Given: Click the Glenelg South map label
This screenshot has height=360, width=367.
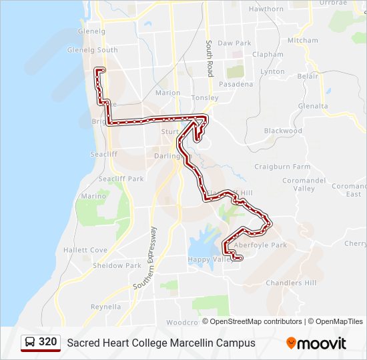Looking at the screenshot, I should (x=92, y=50).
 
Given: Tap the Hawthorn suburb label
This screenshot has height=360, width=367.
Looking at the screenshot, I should (x=266, y=9).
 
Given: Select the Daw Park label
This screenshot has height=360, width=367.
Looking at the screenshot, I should (x=234, y=43).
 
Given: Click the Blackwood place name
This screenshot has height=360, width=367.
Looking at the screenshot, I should (x=283, y=131).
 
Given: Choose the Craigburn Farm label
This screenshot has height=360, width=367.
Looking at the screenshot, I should (x=282, y=166).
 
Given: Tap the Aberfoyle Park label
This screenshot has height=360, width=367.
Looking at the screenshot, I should (x=270, y=245).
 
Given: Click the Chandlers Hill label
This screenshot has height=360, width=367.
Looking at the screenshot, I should (x=291, y=283).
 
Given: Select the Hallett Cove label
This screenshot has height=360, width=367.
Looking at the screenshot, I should (x=85, y=250).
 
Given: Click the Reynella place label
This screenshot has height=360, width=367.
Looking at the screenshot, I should (x=106, y=307).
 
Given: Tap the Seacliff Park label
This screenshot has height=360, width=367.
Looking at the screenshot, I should (x=121, y=179).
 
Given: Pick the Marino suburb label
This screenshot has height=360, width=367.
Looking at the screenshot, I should (x=93, y=196).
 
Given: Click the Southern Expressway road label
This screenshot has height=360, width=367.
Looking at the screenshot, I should (x=145, y=257).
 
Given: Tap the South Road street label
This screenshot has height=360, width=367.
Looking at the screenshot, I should (x=209, y=59).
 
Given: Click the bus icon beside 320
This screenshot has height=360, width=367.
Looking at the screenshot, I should (x=30, y=343).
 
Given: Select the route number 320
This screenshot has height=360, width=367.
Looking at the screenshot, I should (x=47, y=342).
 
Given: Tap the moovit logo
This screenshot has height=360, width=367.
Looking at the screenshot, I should (x=316, y=343).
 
